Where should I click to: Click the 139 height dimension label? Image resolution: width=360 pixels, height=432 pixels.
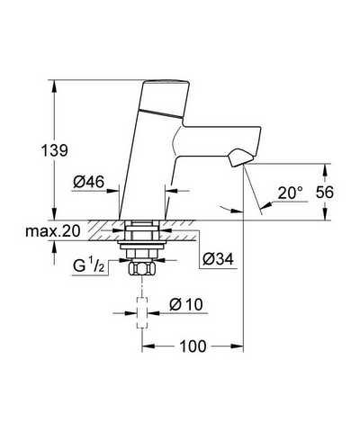tap(54, 150)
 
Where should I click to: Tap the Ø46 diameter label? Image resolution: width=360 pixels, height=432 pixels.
tap(89, 182)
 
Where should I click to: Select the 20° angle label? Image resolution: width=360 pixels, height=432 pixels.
tap(290, 193)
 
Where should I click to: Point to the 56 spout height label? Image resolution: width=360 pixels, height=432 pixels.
tap(325, 193)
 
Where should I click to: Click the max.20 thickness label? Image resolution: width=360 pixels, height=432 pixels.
tap(53, 231)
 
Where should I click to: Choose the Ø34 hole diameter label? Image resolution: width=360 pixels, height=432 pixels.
tap(218, 259)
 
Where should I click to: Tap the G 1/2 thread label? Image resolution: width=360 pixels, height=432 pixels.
tap(89, 265)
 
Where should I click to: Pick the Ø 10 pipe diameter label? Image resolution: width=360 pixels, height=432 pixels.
tap(186, 305)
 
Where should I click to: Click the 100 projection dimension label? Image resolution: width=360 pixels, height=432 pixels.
tap(193, 346)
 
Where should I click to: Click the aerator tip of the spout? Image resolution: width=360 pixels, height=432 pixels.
tap(241, 157)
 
